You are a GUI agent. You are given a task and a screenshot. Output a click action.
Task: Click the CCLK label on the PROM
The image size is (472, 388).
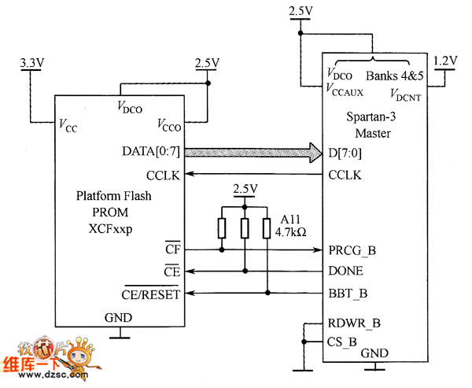click(x=164, y=175)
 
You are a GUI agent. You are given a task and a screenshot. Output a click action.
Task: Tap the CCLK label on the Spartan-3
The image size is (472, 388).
click(x=345, y=175)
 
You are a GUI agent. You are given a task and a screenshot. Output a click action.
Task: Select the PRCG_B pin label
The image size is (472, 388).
click(x=352, y=251)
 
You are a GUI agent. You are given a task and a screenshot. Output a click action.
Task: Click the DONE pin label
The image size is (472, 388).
click(x=345, y=271)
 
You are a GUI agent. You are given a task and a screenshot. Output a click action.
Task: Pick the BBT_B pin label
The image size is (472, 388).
click(x=346, y=294)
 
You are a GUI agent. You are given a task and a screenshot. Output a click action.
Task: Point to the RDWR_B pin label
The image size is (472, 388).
click(x=354, y=323)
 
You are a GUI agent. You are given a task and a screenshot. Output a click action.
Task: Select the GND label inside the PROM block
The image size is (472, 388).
click(x=119, y=318)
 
